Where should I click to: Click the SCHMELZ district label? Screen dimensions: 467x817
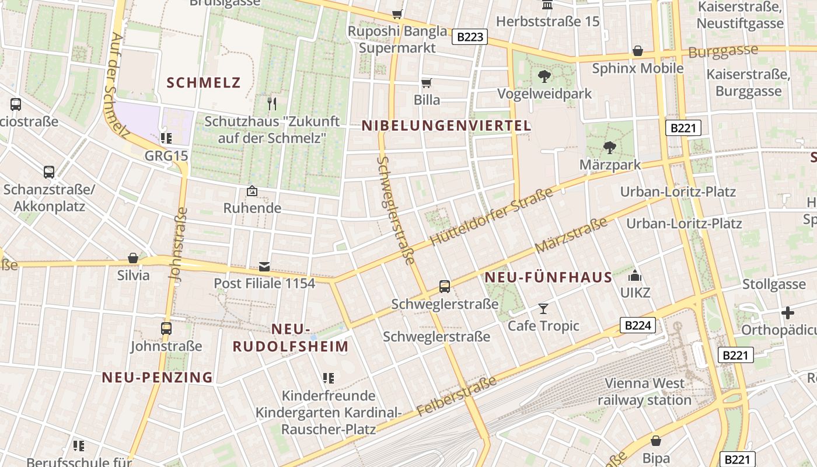[x=203, y=82]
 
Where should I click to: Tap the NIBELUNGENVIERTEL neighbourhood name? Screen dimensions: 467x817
[x=446, y=126]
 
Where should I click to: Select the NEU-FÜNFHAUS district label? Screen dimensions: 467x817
[x=549, y=278]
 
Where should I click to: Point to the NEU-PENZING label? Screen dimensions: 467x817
[x=158, y=378]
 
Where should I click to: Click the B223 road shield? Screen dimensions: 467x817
[x=470, y=37]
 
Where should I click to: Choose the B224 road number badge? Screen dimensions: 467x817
[x=637, y=325]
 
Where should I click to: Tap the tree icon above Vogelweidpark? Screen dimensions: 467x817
[x=544, y=76]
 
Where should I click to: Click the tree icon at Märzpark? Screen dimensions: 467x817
[x=610, y=148]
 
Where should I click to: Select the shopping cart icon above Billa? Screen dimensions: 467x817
[x=427, y=83]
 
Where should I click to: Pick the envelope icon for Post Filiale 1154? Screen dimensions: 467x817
[x=264, y=267]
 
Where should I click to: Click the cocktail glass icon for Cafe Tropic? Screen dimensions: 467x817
[x=543, y=308]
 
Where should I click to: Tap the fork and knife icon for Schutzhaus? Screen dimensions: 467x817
[x=271, y=104]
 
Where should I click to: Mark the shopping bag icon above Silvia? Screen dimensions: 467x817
[x=133, y=258]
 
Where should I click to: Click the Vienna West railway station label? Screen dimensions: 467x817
[x=644, y=392]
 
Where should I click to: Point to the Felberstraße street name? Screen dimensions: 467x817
[x=457, y=396]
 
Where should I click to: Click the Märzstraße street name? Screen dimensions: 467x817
[x=571, y=235]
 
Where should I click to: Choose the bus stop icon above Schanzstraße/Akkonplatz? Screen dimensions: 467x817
[x=49, y=172]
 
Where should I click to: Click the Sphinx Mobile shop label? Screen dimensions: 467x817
[x=637, y=68]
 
